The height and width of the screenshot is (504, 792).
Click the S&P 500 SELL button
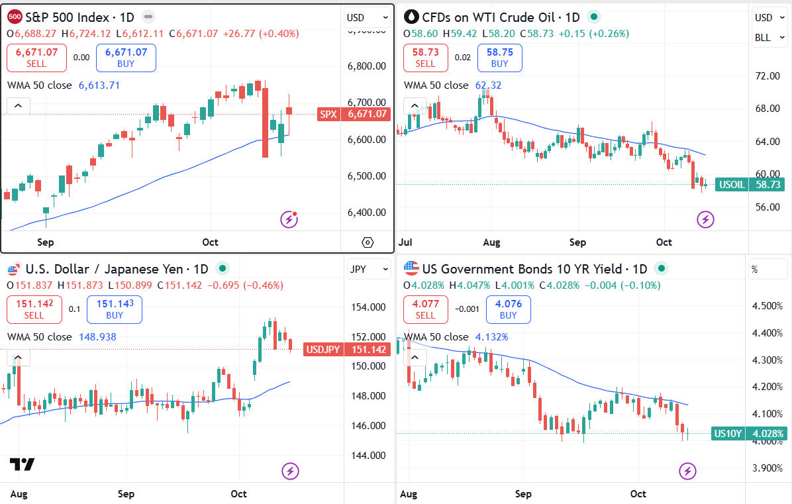click(x=36, y=58)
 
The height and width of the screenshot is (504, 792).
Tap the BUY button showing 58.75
click(x=499, y=58)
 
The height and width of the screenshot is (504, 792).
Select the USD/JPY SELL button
click(x=36, y=309)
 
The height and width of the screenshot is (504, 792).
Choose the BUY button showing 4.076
click(x=508, y=309)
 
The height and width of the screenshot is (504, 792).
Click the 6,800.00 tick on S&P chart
click(x=367, y=66)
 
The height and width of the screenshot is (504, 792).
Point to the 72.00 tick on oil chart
click(x=767, y=76)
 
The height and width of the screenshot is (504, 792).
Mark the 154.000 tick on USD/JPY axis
click(x=368, y=307)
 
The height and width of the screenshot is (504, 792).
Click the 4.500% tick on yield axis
click(x=767, y=306)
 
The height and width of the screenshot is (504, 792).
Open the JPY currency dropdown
click(x=368, y=270)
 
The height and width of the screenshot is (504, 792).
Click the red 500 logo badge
click(x=15, y=17)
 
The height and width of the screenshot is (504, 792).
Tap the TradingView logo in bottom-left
click(x=22, y=464)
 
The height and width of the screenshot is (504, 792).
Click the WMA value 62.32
click(x=489, y=85)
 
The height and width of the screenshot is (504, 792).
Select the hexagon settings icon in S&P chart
click(x=368, y=242)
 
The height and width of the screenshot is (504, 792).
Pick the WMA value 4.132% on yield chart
click(x=491, y=337)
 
